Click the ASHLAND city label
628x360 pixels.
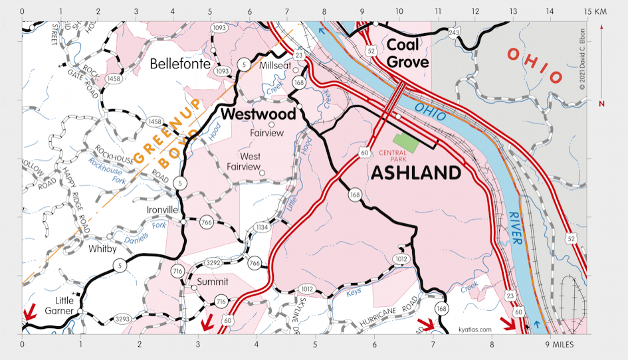click(415, 173)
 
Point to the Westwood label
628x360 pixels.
click(258, 114)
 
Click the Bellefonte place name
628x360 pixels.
click(180, 64)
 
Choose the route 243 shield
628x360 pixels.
click(453, 33)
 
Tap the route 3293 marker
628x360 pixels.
click(122, 319)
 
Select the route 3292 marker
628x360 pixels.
click(212, 263)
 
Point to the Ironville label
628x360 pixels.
click(162, 210)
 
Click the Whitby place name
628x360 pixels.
click(102, 249)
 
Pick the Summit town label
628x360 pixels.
click(213, 282)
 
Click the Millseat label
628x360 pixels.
click(275, 66)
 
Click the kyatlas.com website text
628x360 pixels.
click(474, 329)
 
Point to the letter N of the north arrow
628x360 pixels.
click(601, 104)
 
